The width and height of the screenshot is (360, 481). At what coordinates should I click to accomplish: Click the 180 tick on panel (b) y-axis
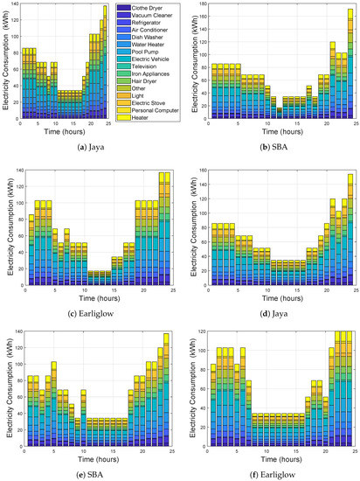tap(199, 5)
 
